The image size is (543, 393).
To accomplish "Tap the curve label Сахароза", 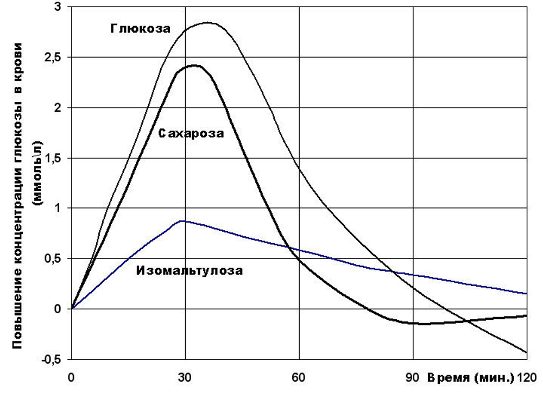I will tap(191, 133).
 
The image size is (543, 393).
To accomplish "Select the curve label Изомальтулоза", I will tap(190, 269).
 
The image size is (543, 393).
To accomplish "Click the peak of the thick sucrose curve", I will tap(194, 66).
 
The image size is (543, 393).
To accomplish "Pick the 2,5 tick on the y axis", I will tap(53, 58).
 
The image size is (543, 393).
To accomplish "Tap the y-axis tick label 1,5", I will tap(53, 158).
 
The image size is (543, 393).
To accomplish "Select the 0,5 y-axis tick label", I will tap(53, 258).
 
